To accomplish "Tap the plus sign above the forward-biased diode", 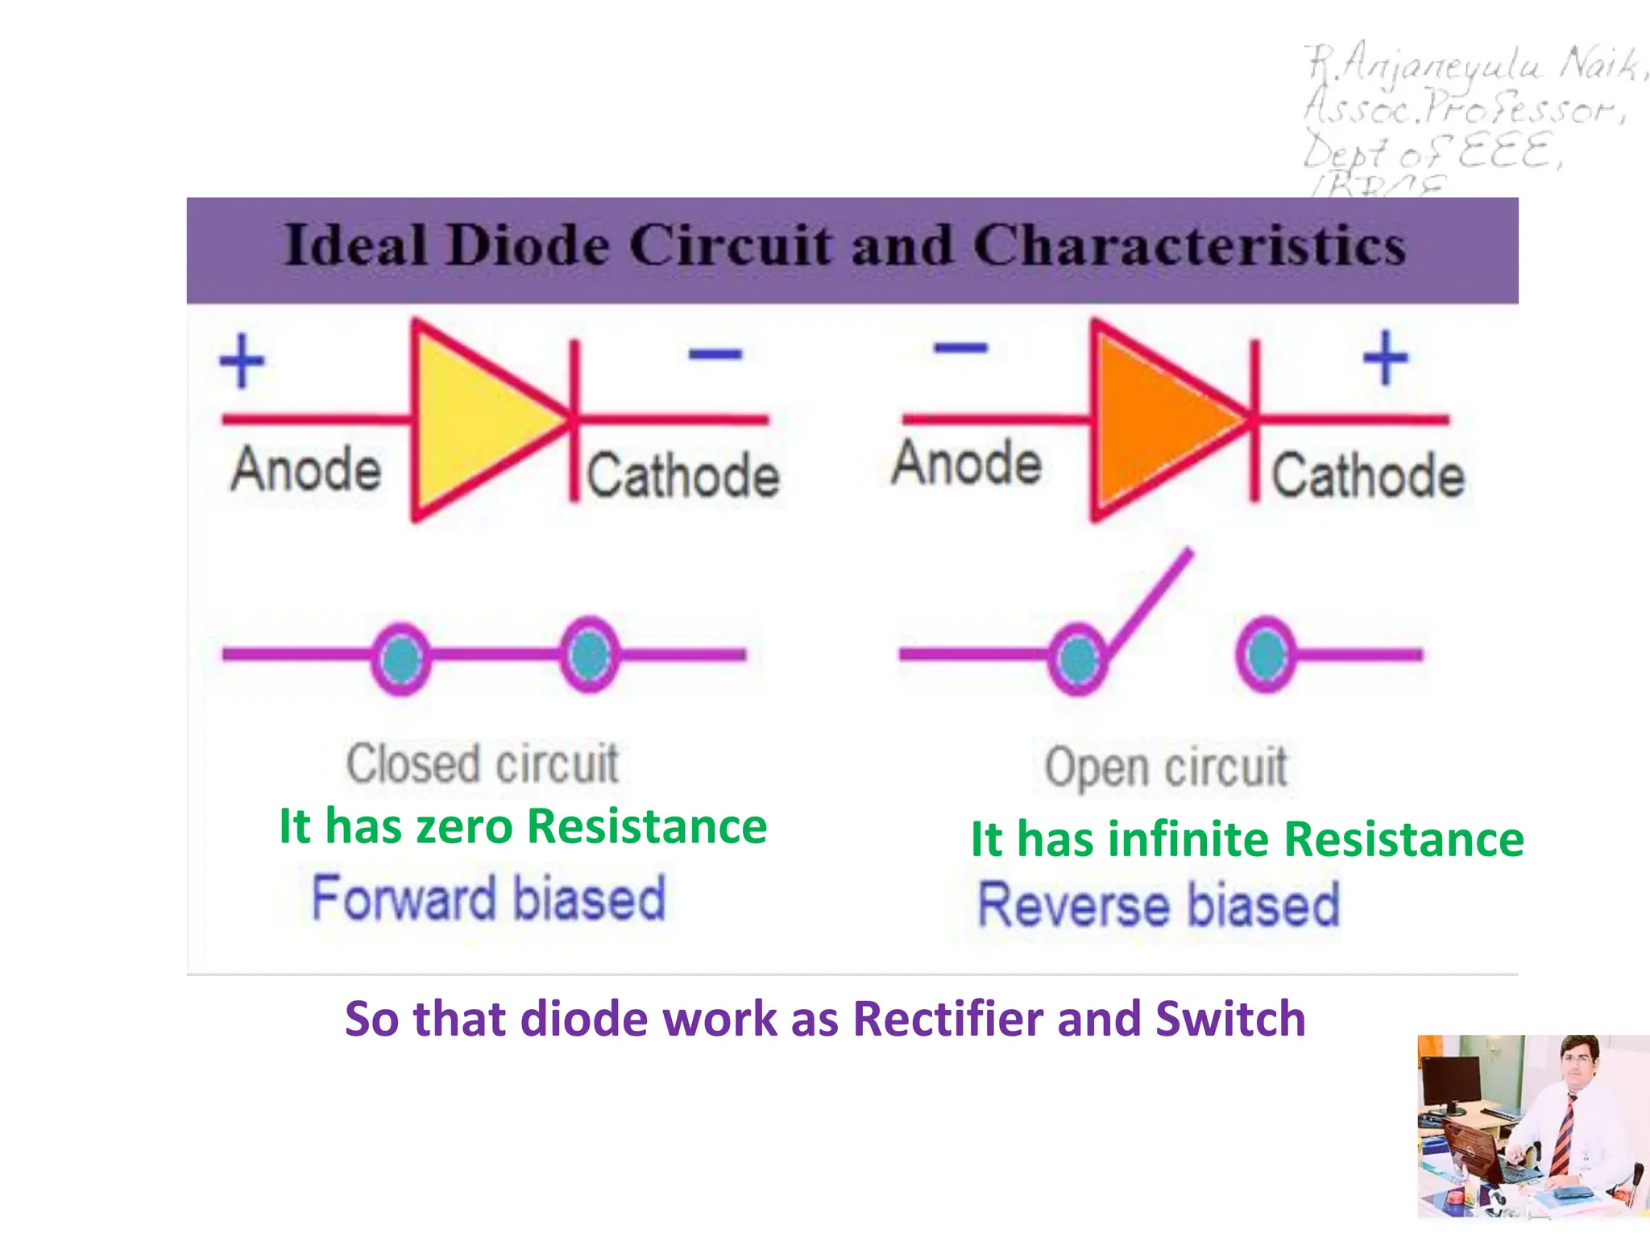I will point(242,360).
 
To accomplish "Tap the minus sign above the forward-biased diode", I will point(715,354).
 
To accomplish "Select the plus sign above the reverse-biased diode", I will point(1385,358).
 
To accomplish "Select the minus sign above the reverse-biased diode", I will point(960,348).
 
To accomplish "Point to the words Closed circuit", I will point(482,763).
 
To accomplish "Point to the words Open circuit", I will point(1166,767).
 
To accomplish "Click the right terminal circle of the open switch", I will point(1266,654).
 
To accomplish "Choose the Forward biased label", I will point(488,898).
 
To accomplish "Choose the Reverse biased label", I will point(1159,904).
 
